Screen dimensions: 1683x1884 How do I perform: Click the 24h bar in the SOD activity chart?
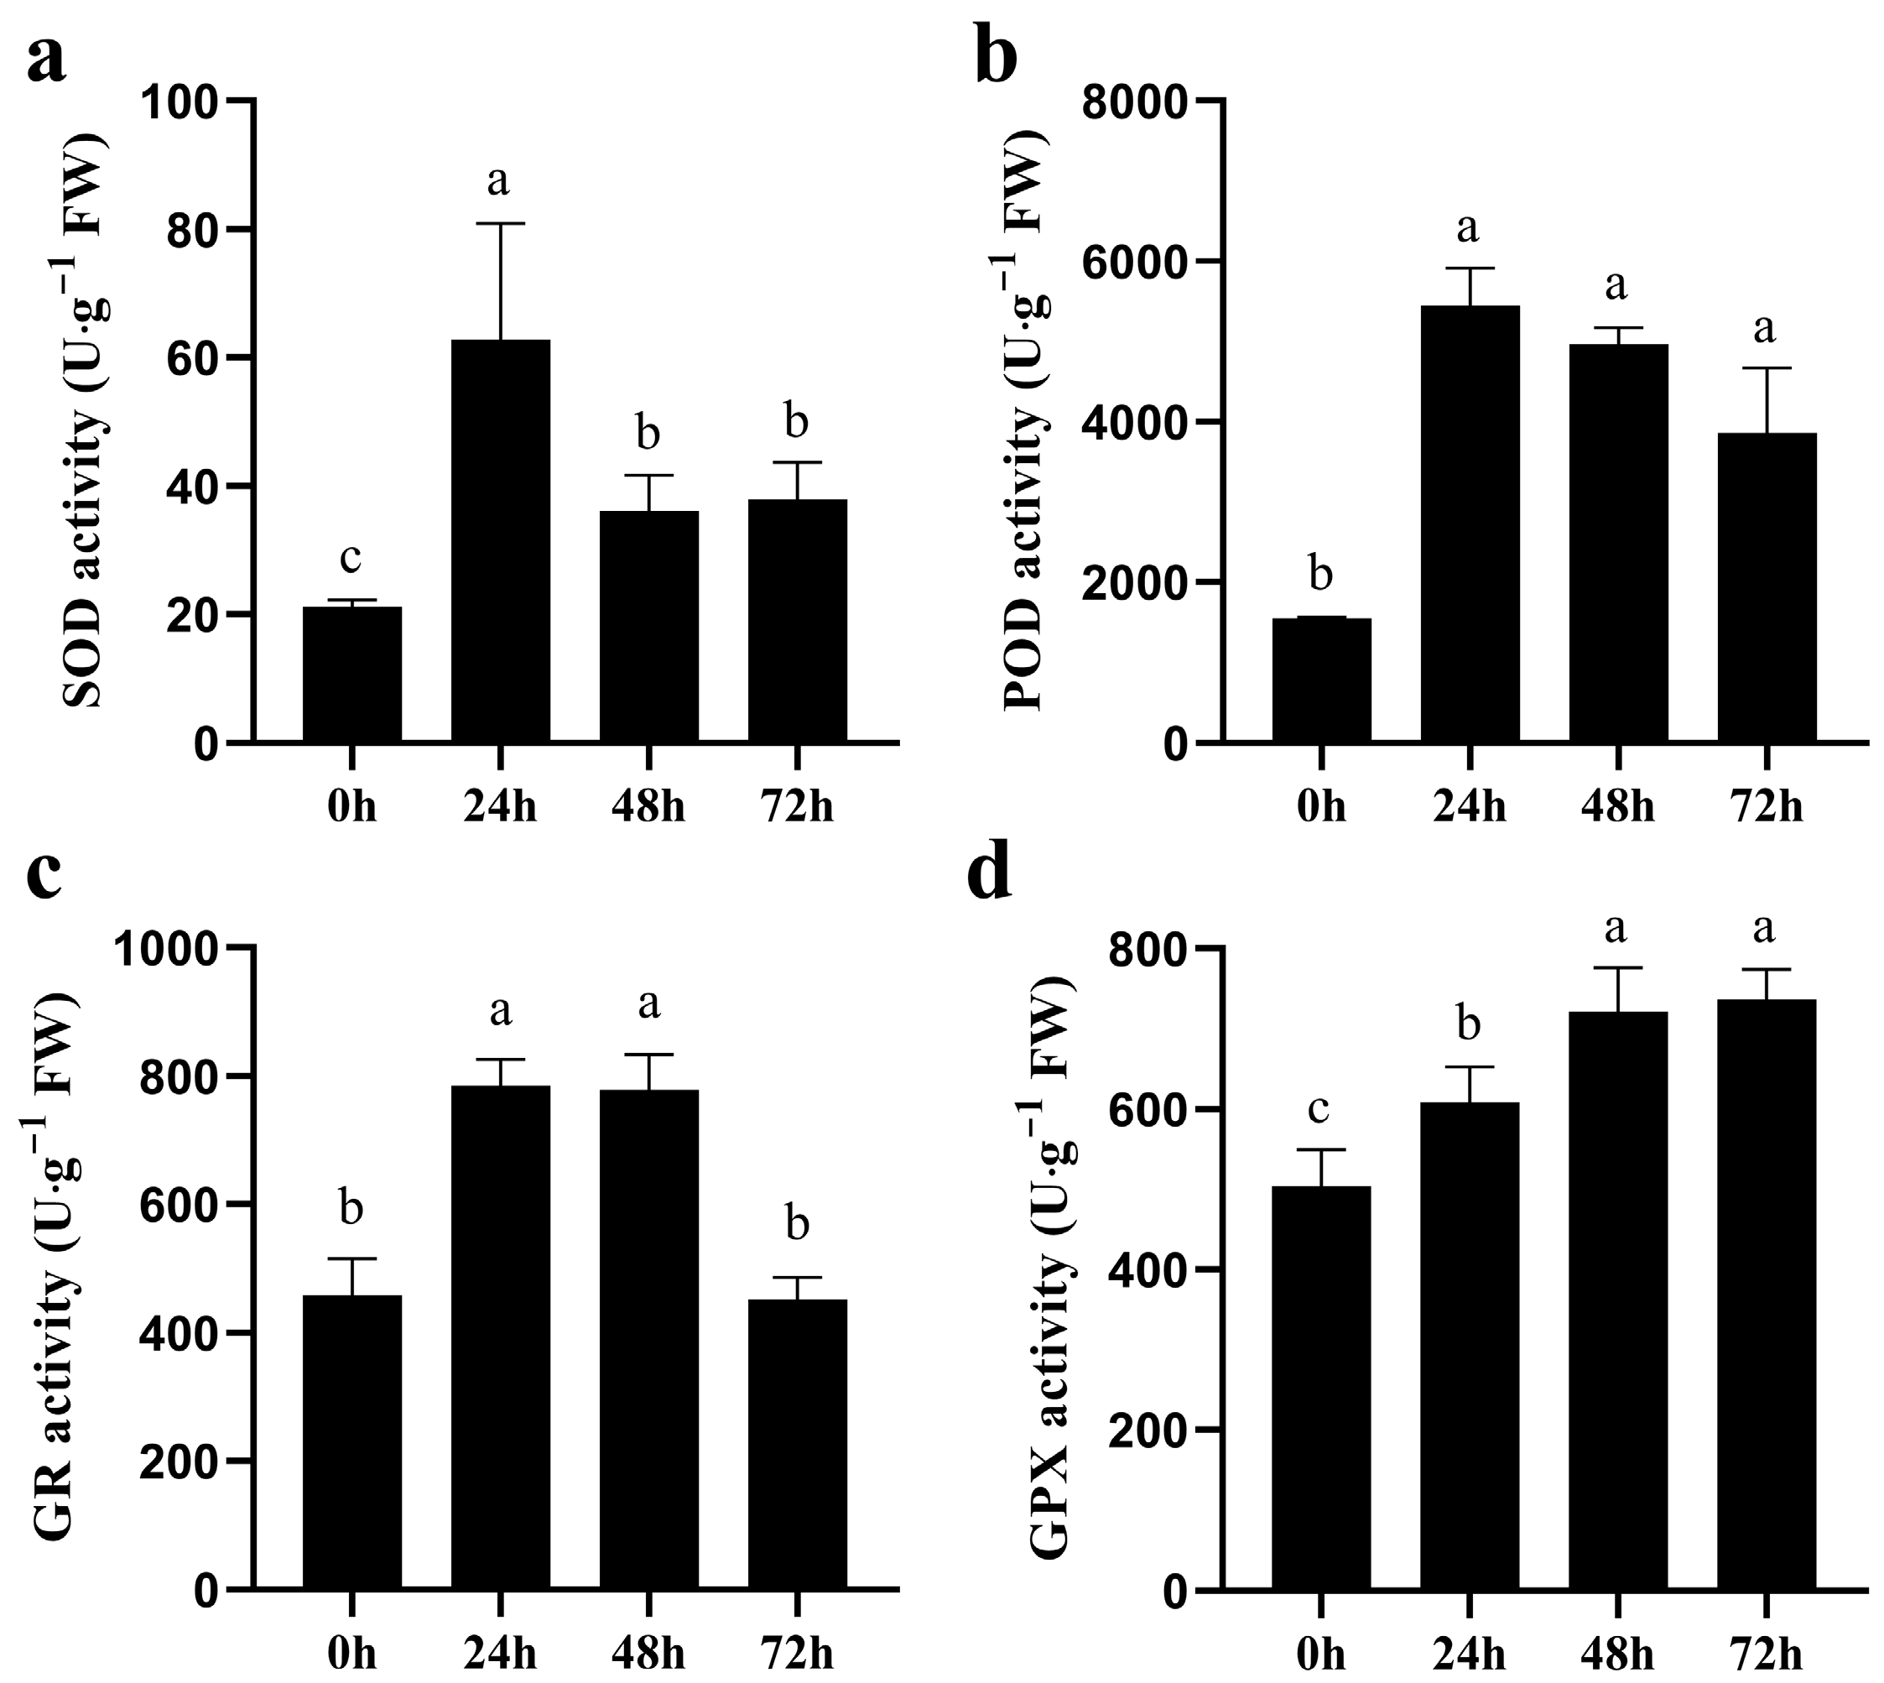click(x=500, y=540)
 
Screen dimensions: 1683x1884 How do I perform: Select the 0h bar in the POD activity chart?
click(x=1321, y=680)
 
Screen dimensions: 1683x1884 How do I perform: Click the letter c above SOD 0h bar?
click(x=351, y=558)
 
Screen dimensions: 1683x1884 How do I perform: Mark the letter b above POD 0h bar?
click(x=1321, y=573)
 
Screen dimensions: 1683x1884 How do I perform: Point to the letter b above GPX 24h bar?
click(x=1469, y=1024)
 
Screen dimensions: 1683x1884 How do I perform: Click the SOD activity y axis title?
click(x=85, y=421)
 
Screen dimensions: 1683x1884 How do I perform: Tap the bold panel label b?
click(x=997, y=57)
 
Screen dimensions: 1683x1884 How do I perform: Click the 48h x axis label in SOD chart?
click(x=648, y=807)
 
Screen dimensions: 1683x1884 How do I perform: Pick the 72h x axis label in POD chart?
click(x=1766, y=807)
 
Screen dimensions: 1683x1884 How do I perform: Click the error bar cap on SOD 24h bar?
click(x=500, y=224)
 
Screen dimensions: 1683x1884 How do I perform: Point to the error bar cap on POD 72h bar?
click(x=1766, y=368)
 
